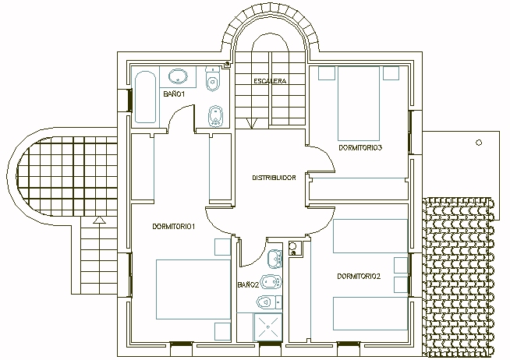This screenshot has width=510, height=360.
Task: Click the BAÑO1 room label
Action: click(174, 94)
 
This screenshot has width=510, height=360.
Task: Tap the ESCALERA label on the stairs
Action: click(270, 81)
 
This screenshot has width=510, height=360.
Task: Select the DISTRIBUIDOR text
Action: click(274, 178)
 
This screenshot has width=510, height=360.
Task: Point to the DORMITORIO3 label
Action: click(360, 148)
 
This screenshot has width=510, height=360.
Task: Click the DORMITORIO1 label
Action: click(174, 227)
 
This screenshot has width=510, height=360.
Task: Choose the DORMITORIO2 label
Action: click(359, 277)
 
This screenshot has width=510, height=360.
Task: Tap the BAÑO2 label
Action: click(248, 285)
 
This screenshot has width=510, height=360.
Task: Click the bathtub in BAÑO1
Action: click(145, 97)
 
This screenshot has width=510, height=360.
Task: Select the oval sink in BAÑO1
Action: click(178, 76)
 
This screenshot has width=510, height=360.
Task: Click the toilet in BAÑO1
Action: click(213, 79)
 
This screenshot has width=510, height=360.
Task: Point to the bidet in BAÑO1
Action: click(215, 116)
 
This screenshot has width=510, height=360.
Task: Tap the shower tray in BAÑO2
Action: click(268, 326)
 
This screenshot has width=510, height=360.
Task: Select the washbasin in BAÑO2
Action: click(274, 259)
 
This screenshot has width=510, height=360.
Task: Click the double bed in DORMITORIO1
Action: click(193, 289)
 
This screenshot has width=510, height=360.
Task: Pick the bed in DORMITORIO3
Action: click(359, 104)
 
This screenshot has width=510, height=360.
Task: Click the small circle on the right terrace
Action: click(479, 143)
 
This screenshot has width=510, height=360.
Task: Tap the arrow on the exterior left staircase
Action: click(99, 221)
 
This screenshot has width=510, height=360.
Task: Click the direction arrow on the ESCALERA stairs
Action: click(252, 123)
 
